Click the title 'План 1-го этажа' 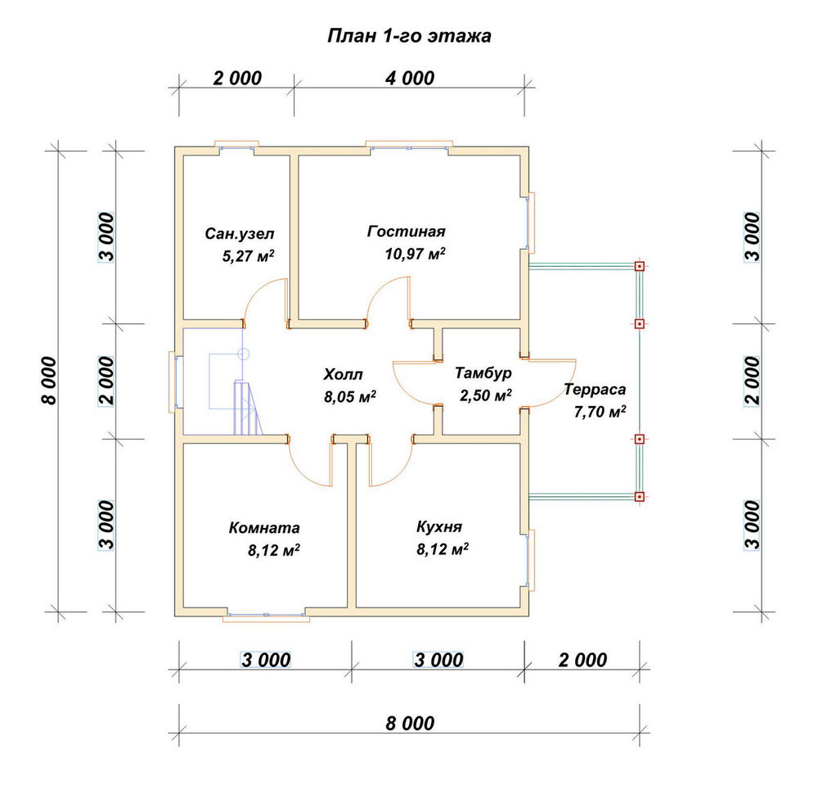coord(409,36)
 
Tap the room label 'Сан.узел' coord(240,233)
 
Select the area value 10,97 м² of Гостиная coord(416,254)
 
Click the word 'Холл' coord(343,374)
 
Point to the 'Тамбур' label coord(483,372)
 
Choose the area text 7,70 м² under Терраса coord(600,412)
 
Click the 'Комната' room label coord(264,528)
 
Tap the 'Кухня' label coord(439,527)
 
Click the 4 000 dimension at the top coord(410,79)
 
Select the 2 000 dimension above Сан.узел coord(237,79)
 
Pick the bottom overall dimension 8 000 coord(410,724)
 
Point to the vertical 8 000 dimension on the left coord(49,381)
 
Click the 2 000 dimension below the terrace coord(582,660)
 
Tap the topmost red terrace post coord(640,266)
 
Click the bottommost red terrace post coord(640,497)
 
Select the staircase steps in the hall coord(247,408)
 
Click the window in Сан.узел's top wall coord(237,147)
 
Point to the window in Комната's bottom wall coord(266,616)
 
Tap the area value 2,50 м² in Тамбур coord(485,395)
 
